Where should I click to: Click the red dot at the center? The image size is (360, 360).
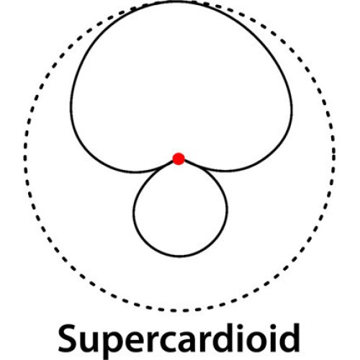(179, 158)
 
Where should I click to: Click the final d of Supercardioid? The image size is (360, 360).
(289, 338)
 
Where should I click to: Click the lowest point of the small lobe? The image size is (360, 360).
(179, 256)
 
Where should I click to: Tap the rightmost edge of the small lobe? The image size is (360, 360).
(227, 211)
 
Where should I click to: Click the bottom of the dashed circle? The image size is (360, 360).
(179, 310)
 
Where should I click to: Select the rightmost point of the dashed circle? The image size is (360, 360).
(334, 153)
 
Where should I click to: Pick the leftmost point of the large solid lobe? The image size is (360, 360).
(71, 107)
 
